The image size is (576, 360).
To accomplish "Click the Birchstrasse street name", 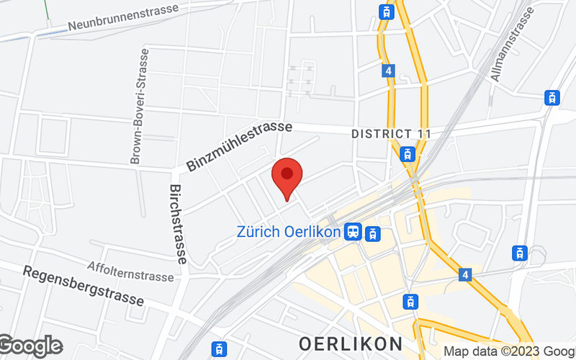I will point(178,224).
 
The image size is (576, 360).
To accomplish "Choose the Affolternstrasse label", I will point(130,271).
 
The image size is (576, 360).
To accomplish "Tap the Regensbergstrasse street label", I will point(83,286).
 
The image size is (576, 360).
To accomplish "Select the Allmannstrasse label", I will point(513,44).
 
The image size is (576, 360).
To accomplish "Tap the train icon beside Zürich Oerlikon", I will point(354,232).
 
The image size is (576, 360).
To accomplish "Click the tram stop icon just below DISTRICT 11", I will point(408,153).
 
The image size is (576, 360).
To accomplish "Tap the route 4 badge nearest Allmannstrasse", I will point(389,71).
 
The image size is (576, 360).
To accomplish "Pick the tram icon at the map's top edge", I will point(387,11).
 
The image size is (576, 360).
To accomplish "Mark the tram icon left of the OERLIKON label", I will point(217,348).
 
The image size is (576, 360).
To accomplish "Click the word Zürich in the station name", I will point(255,233).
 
